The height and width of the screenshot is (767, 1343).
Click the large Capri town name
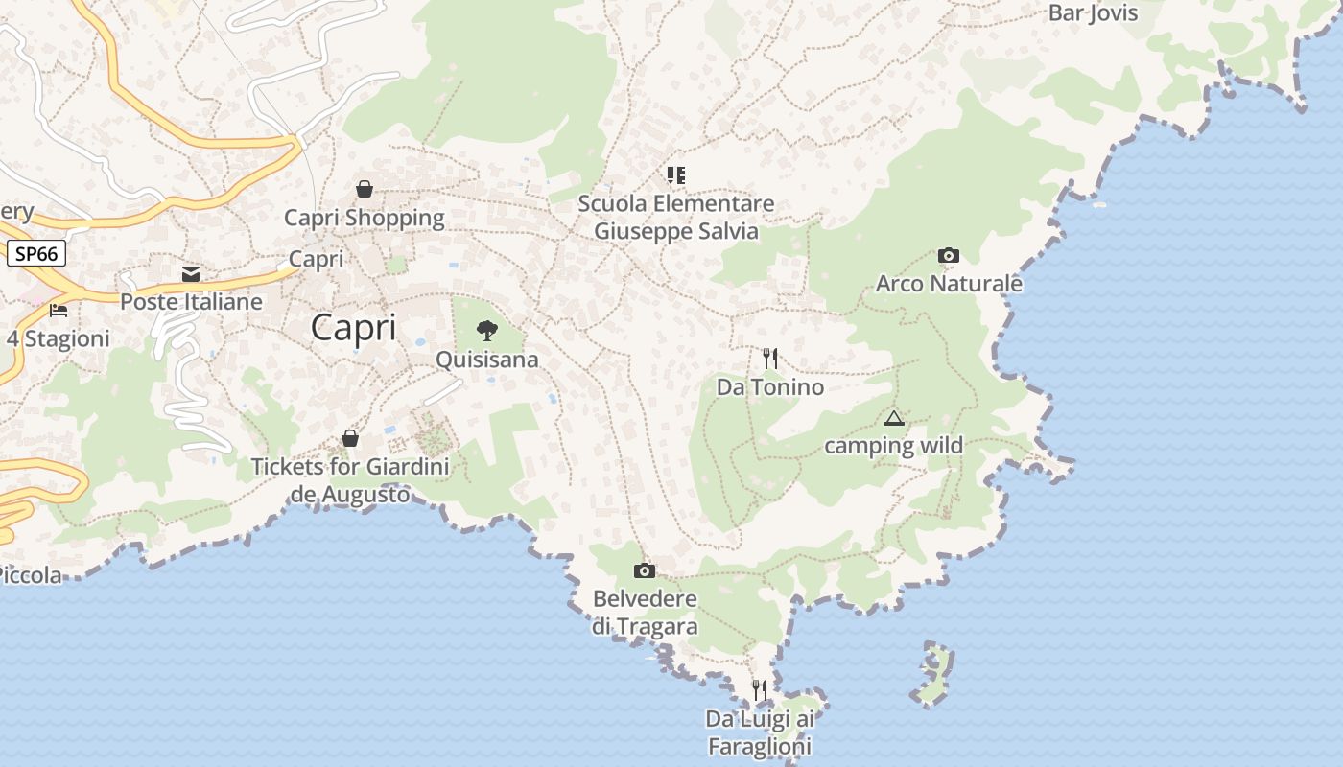coord(353,328)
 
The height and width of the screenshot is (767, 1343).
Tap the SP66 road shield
coord(36,253)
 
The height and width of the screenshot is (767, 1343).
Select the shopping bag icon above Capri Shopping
coord(365,189)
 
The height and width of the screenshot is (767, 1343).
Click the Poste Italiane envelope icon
coord(191,274)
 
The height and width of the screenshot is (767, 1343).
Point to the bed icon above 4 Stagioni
coord(59,311)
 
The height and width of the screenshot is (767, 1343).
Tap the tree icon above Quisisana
coord(487,332)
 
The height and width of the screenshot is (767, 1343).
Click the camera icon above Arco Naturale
coord(949,255)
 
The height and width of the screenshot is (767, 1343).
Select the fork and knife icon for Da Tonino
coord(769,359)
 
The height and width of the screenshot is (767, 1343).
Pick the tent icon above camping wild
coord(894,418)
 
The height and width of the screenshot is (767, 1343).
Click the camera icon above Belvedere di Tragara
coord(645,571)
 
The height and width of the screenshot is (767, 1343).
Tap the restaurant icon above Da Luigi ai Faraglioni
coord(759,689)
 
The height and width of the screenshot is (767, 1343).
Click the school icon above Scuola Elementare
coord(676,174)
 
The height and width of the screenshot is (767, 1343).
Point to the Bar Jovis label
coord(1093,12)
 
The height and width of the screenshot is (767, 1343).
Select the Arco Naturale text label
coord(949,284)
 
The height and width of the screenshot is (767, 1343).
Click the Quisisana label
coord(487,360)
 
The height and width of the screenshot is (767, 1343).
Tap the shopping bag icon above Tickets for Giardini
coord(350,438)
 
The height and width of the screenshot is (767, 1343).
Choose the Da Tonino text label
coord(770,387)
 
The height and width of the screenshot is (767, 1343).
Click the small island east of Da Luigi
coord(932,675)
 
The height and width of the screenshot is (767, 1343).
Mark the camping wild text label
coord(894,446)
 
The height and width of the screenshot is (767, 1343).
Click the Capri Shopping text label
coord(365,218)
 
